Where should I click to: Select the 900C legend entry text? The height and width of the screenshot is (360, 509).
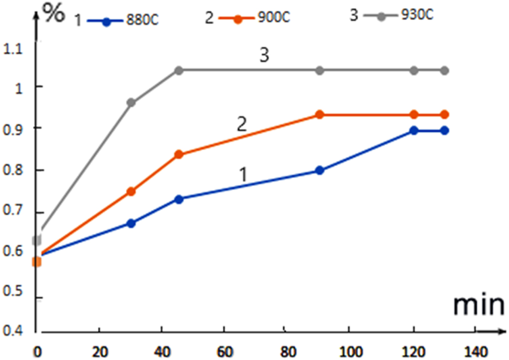[274, 18]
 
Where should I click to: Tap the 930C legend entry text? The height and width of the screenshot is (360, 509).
[417, 15]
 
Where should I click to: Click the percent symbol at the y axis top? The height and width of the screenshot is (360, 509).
[54, 13]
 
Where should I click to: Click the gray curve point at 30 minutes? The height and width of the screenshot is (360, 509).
[131, 103]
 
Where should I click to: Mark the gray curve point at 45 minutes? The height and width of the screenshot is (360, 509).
[179, 70]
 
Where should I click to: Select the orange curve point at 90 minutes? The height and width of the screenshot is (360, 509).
[320, 115]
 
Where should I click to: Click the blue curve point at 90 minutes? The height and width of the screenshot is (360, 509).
[320, 171]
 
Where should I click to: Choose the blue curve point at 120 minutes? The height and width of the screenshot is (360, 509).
[414, 131]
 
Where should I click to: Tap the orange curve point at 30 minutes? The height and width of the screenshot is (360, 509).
[131, 191]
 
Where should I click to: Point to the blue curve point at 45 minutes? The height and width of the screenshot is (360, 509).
[179, 199]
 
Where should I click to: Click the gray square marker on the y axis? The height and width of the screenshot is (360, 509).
[36, 240]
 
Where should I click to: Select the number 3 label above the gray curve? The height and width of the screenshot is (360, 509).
[264, 55]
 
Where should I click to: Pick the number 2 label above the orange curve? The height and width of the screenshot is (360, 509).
[242, 125]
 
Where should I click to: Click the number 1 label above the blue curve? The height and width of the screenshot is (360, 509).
[243, 175]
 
